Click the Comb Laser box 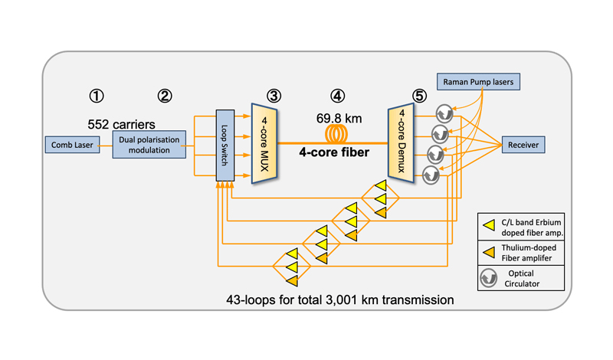[72, 145]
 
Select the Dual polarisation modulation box [149, 145]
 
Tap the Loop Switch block [225, 146]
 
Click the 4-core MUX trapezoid [264, 143]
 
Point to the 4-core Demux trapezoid [401, 143]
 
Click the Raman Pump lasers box [478, 82]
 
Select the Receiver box [523, 145]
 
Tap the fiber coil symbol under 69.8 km [336, 134]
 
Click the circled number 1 [97, 96]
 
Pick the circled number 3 [274, 96]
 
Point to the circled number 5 [419, 96]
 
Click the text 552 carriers [121, 124]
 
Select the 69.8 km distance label [339, 118]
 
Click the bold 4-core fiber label [334, 152]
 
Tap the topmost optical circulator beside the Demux [444, 114]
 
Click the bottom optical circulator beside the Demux [431, 175]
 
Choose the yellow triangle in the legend [489, 225]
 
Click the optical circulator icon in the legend [488, 278]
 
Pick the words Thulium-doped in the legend [529, 248]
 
